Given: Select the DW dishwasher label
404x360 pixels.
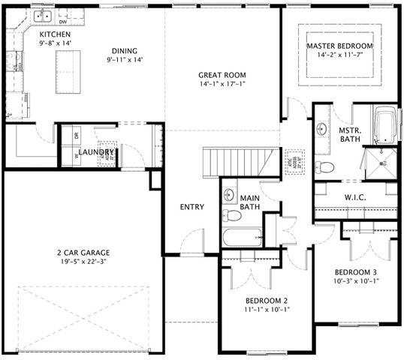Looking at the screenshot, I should point(84,21).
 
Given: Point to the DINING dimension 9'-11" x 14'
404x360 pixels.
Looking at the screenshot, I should point(124,58).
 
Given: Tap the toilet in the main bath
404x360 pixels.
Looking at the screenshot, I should point(233,216).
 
